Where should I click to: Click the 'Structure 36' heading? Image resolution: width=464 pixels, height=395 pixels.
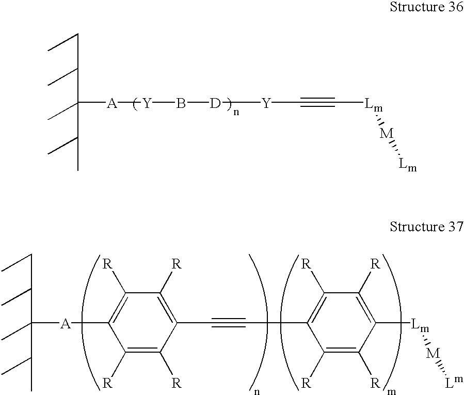426,7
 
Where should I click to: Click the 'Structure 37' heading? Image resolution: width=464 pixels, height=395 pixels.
426,227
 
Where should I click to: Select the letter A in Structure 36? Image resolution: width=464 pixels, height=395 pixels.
111,103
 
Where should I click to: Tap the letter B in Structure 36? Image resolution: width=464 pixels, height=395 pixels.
181,103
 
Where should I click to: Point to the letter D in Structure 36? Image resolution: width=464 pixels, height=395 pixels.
215,103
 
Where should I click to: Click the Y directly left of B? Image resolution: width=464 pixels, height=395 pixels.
147,103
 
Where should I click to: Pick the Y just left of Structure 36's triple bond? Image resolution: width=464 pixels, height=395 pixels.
266,103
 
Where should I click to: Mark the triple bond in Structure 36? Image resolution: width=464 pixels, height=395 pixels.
318,102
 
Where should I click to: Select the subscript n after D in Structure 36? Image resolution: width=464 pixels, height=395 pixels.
236,113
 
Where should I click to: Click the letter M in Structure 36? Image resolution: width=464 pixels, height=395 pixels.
387,134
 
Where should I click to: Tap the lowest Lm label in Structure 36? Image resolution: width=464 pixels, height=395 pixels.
407,164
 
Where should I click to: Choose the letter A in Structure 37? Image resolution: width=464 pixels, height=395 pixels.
66,324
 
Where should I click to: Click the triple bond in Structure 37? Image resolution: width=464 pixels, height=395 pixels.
229,323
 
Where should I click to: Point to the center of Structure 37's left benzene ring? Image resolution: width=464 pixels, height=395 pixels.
142,323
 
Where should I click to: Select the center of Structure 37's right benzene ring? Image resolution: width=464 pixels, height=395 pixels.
342,323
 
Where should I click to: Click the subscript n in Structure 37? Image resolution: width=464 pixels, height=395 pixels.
257,392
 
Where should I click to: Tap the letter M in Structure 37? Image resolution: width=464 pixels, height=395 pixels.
433,353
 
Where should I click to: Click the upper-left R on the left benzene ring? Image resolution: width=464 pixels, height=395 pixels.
107,264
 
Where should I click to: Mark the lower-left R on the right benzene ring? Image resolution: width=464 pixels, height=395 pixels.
306,384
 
